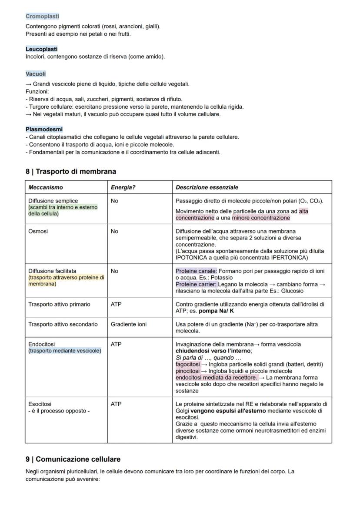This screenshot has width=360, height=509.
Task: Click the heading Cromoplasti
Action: coord(42,17)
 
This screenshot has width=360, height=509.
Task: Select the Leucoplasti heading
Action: coord(41,49)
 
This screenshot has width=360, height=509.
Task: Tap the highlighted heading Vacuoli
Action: coord(36,74)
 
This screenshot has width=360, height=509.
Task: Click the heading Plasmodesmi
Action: coord(44,129)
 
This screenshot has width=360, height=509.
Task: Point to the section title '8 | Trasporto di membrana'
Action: coord(71,171)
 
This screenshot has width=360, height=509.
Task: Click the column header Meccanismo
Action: coord(46,187)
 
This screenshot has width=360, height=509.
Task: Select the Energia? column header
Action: coord(123,187)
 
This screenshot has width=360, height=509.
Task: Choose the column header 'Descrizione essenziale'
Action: coord(207,187)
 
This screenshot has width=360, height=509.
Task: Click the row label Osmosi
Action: coord(38,231)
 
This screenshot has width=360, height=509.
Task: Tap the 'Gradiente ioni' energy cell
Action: coord(129,324)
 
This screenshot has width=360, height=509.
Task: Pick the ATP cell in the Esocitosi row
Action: coord(116,404)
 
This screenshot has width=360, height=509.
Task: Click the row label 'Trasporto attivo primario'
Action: coord(59,304)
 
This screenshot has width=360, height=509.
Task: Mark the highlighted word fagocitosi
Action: coord(188,364)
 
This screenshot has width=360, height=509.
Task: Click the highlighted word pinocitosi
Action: coord(187,371)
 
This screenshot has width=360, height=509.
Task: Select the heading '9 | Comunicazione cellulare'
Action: coord(73,459)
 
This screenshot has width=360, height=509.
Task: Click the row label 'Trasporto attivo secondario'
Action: coord(63,324)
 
